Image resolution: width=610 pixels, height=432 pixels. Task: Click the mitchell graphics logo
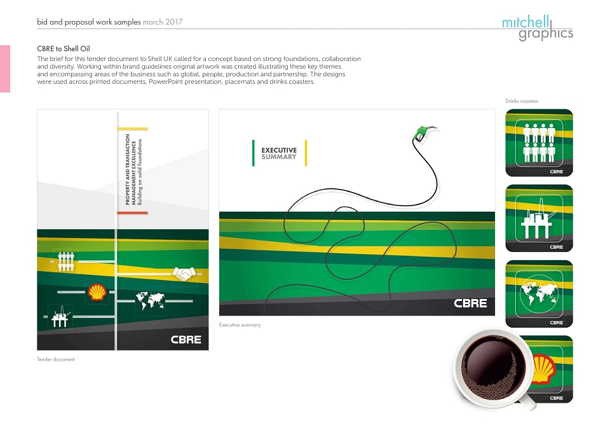click(x=538, y=28)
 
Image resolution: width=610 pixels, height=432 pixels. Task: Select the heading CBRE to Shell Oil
click(x=64, y=49)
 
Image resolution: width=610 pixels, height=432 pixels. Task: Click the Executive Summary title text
click(x=279, y=153)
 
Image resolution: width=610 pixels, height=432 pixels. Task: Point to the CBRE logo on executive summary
click(x=470, y=303)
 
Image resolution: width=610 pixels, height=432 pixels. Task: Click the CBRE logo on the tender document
click(x=186, y=340)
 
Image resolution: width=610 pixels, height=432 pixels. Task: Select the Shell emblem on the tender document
click(x=97, y=292)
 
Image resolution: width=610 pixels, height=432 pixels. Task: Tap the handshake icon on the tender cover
click(x=184, y=274)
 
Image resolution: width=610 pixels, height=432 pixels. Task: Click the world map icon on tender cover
click(x=150, y=301)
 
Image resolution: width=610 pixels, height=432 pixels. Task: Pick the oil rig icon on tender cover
click(x=60, y=317)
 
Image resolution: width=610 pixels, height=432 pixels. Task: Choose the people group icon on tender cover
click(x=65, y=261)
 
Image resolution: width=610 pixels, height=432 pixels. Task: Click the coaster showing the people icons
click(x=539, y=143)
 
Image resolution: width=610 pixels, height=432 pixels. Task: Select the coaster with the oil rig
click(x=539, y=218)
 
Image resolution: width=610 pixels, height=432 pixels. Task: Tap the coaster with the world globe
click(x=539, y=294)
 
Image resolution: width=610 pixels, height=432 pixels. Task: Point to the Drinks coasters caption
click(x=522, y=101)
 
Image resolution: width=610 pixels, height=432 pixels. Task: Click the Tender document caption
click(x=56, y=359)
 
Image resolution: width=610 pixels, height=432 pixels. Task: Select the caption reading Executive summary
click(x=240, y=325)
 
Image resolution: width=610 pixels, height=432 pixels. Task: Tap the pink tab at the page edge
click(x=5, y=69)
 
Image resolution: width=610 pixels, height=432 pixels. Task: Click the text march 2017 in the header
click(x=163, y=22)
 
